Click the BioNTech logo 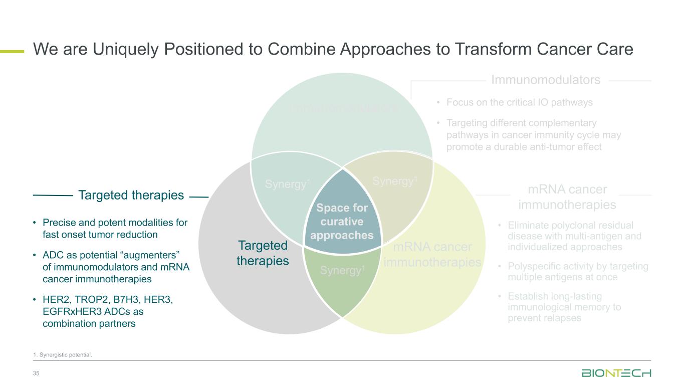(x=616, y=373)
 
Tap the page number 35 (x=36, y=373)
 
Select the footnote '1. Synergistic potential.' (x=63, y=355)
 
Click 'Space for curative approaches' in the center (x=342, y=222)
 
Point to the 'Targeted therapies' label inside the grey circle (x=263, y=253)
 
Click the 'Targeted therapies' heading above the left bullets (x=131, y=196)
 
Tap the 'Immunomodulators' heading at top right (x=545, y=80)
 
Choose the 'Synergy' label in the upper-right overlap (x=395, y=181)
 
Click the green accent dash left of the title (x=12, y=51)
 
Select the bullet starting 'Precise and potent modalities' (x=115, y=228)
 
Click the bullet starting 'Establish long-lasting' (x=564, y=307)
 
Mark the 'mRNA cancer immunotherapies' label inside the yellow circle (x=432, y=254)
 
